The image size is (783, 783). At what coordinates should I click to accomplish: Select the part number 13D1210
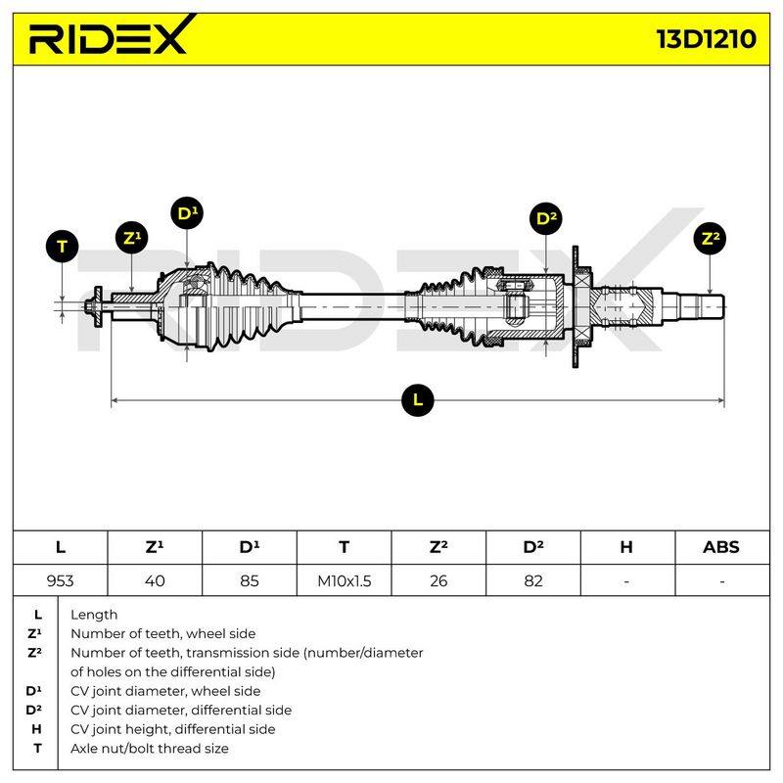click(x=706, y=39)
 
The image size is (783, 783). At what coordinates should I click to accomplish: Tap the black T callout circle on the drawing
click(x=62, y=247)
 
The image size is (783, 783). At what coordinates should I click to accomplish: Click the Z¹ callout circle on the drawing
click(x=132, y=238)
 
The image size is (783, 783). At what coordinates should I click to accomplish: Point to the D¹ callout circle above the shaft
click(x=187, y=213)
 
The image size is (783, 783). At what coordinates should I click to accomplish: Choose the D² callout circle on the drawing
click(x=546, y=218)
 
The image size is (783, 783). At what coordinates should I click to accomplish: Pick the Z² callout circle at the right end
click(x=711, y=238)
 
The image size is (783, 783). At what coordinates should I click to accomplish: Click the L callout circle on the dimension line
click(x=418, y=400)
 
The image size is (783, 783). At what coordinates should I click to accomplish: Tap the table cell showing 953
click(x=60, y=580)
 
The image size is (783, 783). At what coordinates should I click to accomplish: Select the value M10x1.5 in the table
click(x=345, y=580)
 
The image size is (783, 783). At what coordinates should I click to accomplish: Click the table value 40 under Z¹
click(x=155, y=580)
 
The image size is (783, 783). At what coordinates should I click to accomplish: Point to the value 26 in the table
click(x=438, y=580)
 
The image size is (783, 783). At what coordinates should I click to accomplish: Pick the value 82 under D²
click(x=533, y=580)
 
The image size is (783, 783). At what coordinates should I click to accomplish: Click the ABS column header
click(x=721, y=547)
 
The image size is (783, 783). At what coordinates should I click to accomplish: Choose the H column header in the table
click(x=626, y=547)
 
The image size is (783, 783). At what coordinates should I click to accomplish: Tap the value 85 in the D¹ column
click(x=250, y=580)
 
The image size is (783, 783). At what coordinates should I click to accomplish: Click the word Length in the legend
click(x=94, y=615)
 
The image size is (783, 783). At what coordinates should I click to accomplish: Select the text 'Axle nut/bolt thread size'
click(x=150, y=748)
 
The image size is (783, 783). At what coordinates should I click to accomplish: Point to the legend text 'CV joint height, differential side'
click(x=173, y=729)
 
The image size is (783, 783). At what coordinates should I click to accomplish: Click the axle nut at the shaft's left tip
click(x=90, y=306)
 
